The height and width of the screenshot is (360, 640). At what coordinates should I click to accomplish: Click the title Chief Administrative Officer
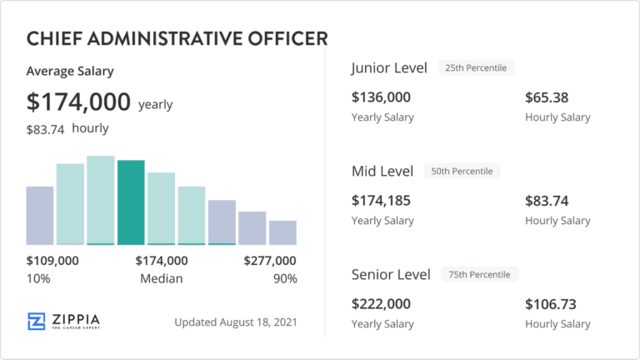click(177, 38)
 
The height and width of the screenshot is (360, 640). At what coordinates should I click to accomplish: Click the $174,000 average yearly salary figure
click(78, 102)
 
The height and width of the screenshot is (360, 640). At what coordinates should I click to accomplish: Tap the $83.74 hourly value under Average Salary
click(46, 129)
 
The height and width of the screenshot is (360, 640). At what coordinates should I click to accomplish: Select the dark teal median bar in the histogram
click(131, 202)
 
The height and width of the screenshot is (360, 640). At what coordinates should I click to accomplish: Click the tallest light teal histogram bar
click(101, 199)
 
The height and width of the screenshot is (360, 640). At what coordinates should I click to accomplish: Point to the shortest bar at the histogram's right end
click(282, 232)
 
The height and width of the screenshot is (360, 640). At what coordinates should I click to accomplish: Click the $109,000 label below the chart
click(52, 261)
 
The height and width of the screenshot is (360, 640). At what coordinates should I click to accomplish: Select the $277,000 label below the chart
click(269, 261)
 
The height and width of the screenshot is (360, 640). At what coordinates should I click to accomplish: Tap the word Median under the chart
click(161, 278)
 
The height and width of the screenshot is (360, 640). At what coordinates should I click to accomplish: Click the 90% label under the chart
click(285, 278)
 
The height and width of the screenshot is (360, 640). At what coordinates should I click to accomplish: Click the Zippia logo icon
click(37, 322)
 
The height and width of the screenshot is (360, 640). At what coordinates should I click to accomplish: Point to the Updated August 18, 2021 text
click(236, 322)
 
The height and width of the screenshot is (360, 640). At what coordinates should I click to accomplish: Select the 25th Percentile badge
click(476, 67)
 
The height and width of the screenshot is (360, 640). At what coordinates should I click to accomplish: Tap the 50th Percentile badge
click(462, 171)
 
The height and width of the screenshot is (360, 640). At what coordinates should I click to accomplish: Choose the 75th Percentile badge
click(479, 274)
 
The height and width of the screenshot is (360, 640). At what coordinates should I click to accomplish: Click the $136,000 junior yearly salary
click(381, 97)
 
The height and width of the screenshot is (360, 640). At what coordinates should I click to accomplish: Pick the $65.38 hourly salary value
click(547, 97)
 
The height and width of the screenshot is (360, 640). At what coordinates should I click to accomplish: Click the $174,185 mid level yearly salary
click(381, 201)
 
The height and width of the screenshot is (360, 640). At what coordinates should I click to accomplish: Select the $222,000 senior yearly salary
click(382, 304)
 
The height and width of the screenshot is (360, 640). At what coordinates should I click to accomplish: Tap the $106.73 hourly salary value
click(550, 304)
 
